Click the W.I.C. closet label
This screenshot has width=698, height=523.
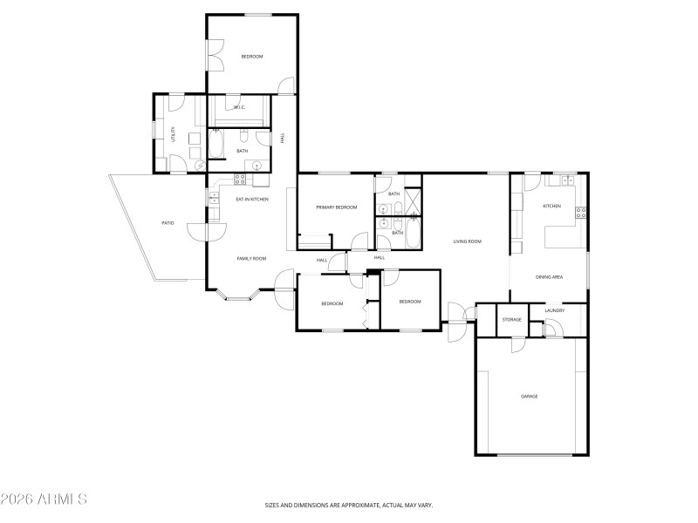239,108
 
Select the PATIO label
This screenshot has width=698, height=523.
168,223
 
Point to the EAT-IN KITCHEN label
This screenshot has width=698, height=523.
252,200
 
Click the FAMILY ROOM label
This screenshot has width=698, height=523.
251,259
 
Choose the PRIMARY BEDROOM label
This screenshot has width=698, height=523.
337,207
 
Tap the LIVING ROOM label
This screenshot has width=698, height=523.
468,241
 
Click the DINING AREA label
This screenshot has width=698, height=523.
549,277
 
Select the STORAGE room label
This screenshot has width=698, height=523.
512,320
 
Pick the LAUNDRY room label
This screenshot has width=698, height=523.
554,310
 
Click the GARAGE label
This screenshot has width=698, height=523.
530,397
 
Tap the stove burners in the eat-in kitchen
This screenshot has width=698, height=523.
238,180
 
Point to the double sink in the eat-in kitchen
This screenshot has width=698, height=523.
212,198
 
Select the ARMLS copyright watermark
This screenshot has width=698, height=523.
44,499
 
